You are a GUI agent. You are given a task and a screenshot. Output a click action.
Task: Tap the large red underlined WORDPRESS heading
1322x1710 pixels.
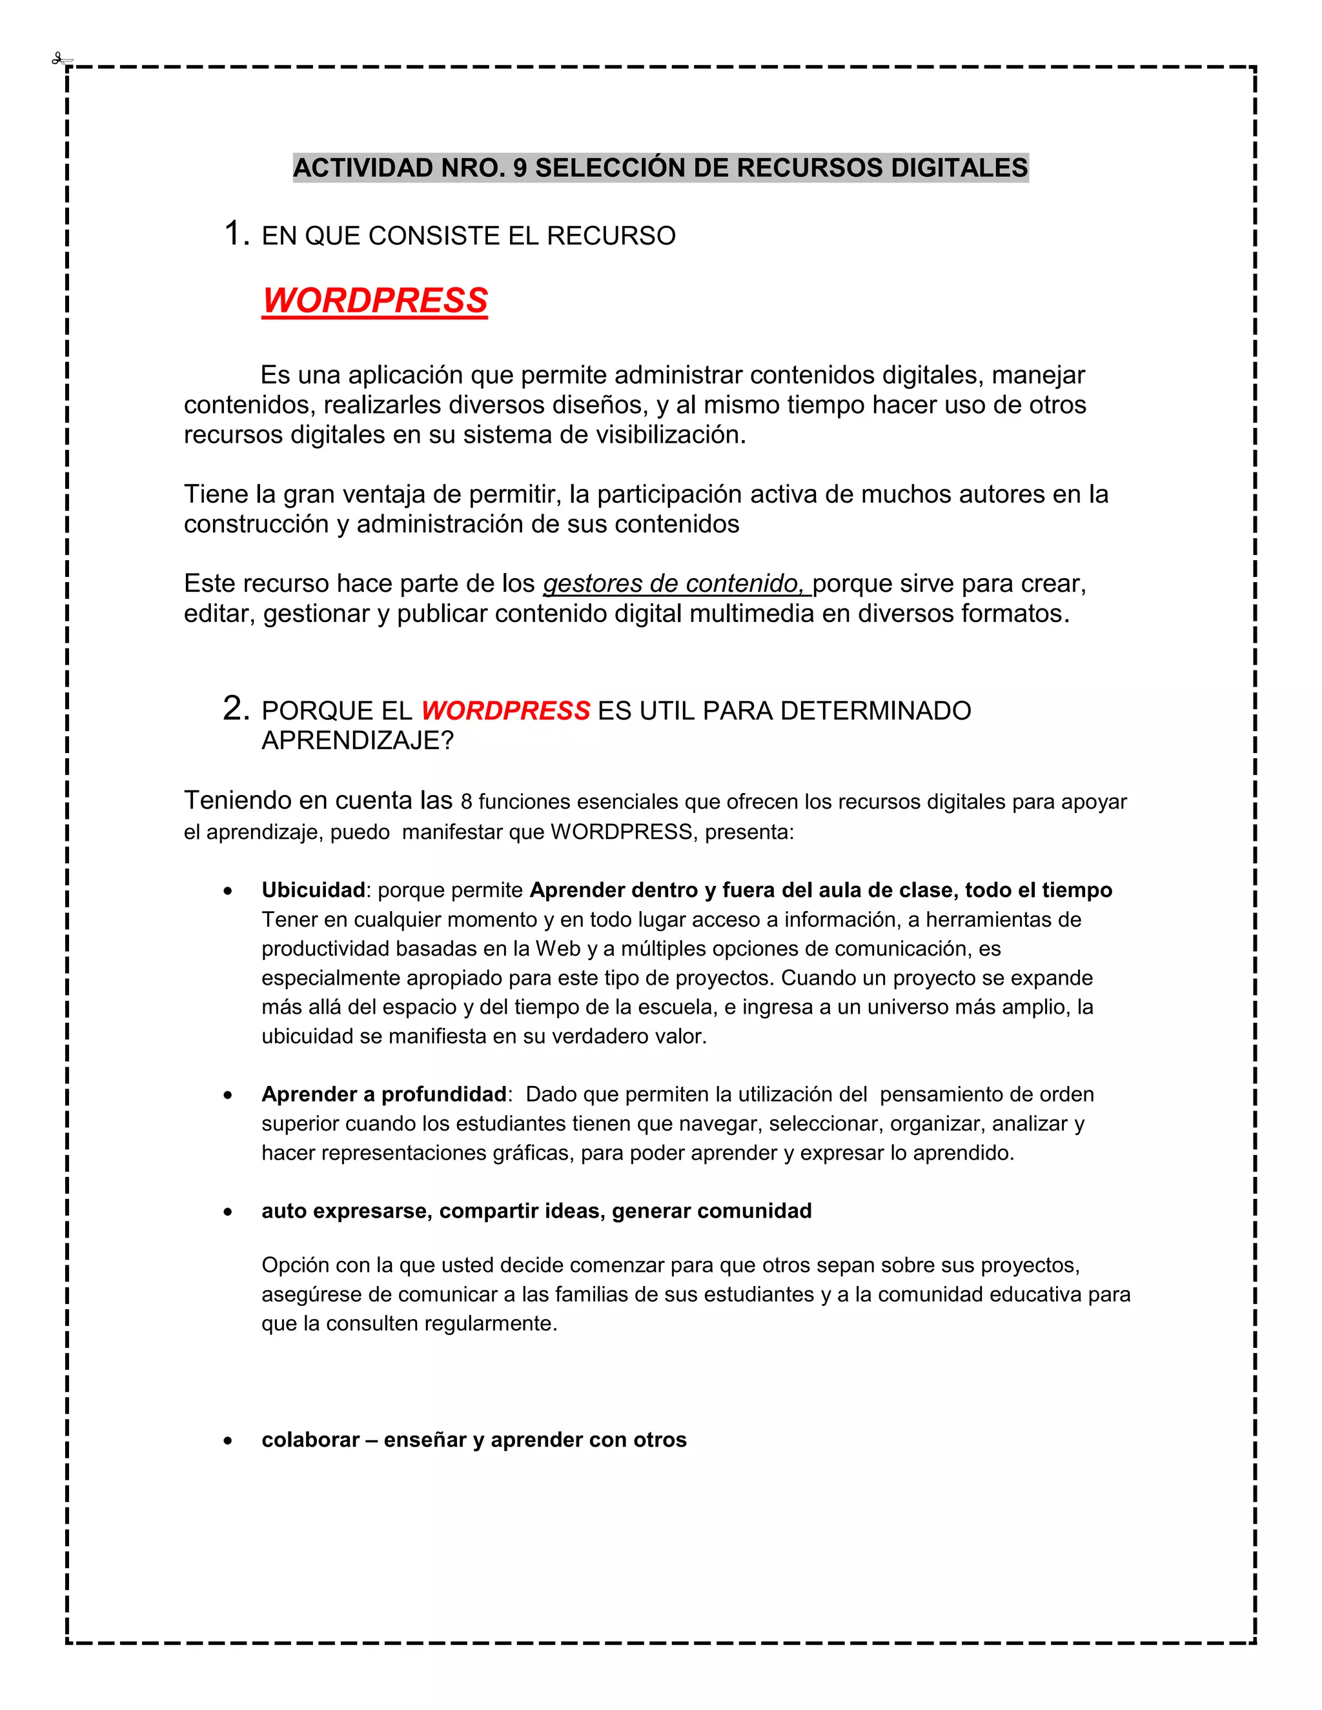click(x=374, y=301)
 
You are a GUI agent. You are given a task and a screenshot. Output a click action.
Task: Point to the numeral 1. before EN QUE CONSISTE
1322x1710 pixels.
click(x=236, y=234)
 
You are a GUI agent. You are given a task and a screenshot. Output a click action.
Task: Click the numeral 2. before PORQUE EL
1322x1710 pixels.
click(x=236, y=709)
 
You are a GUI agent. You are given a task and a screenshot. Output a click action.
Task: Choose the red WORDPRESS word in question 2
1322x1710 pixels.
click(x=505, y=711)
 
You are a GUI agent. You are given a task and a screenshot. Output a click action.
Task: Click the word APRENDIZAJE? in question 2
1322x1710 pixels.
click(x=357, y=741)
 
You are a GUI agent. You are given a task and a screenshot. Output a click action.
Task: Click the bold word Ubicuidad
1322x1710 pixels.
click(x=313, y=890)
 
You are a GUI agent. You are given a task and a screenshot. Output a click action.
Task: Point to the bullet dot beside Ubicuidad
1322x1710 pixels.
click(x=227, y=891)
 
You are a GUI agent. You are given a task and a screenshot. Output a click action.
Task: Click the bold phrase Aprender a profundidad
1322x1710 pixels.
click(x=384, y=1094)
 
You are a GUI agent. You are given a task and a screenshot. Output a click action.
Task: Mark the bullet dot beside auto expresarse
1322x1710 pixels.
click(x=227, y=1211)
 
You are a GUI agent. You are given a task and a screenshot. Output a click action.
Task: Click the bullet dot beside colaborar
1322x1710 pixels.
click(x=227, y=1441)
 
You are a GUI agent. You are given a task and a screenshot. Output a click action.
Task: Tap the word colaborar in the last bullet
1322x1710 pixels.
click(x=310, y=1440)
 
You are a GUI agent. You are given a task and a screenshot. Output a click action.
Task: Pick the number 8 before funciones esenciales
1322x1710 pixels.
click(x=466, y=801)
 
